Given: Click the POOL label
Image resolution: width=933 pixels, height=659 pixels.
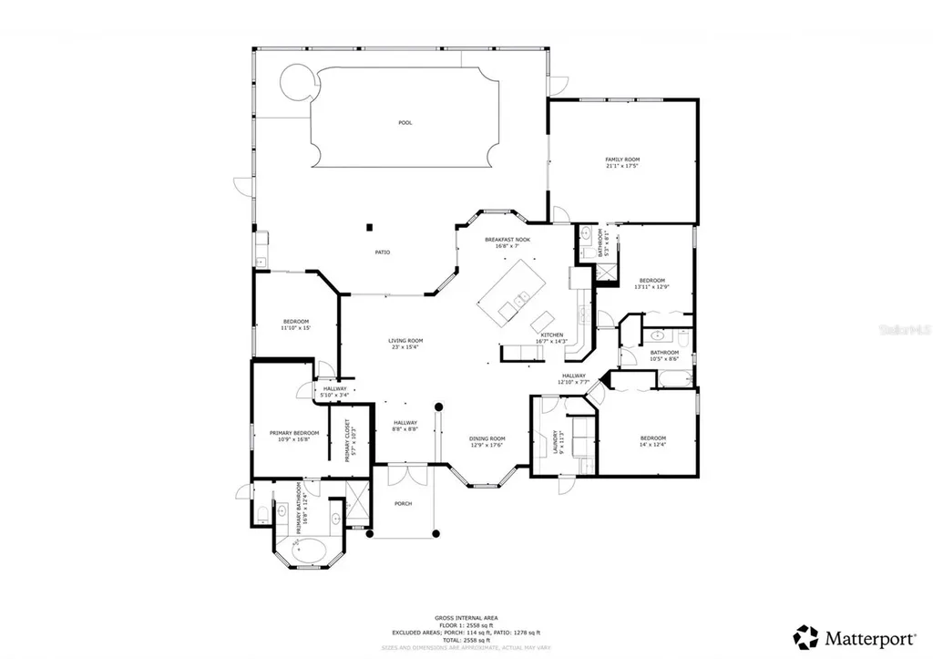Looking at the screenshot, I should click(x=405, y=122).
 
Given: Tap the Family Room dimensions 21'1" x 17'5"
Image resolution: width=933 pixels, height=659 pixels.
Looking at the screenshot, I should click(x=622, y=166).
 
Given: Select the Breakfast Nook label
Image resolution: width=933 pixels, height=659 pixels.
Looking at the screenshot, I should click(x=507, y=239).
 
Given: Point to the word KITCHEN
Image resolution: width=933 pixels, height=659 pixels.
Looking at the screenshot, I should click(x=552, y=335).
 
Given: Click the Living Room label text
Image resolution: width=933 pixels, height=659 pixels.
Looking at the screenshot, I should click(x=406, y=341).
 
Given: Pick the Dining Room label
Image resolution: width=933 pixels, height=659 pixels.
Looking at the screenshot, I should click(x=487, y=438).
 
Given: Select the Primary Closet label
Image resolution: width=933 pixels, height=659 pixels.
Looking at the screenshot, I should click(x=347, y=439).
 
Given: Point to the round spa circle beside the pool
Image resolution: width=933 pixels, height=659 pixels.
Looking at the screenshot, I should click(x=296, y=83).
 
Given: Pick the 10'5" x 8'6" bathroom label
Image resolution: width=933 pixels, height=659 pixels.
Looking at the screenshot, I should click(x=664, y=355).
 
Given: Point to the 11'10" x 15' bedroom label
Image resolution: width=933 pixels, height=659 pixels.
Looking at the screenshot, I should click(x=296, y=325).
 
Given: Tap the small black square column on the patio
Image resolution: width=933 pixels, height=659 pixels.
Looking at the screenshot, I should click(x=370, y=226).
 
